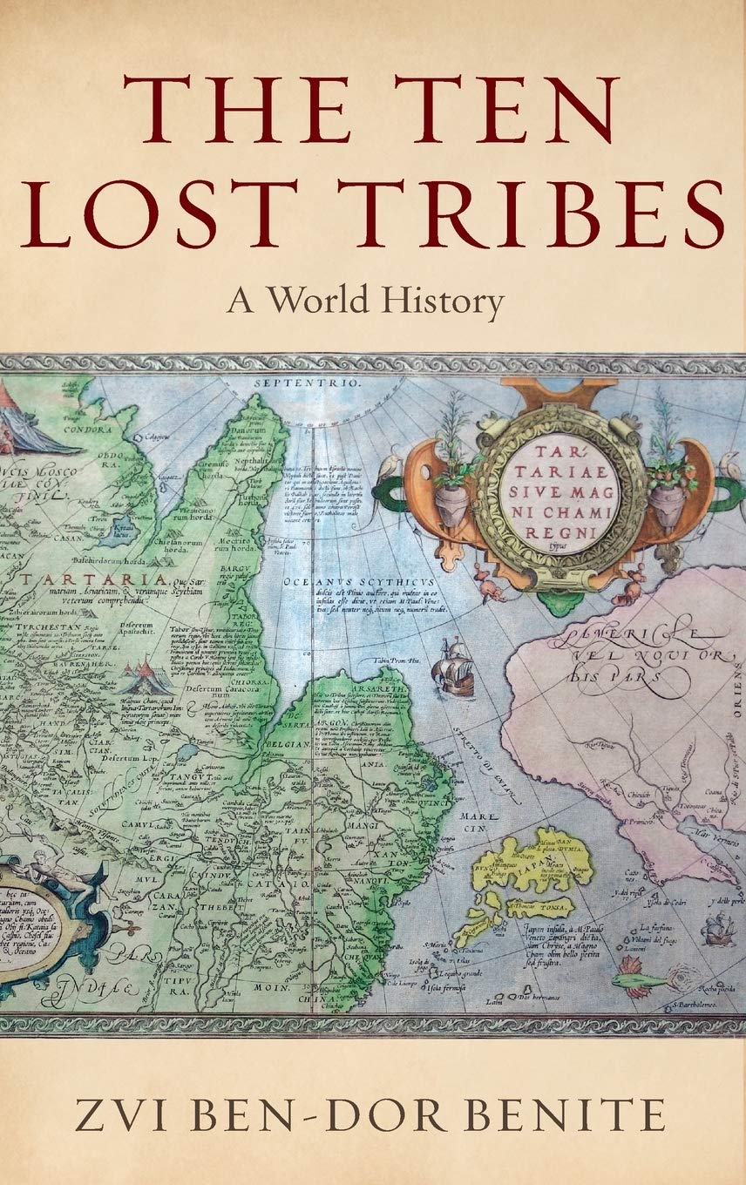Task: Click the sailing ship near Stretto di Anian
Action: point(454,666)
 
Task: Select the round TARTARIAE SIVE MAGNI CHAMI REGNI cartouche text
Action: point(560,494)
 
